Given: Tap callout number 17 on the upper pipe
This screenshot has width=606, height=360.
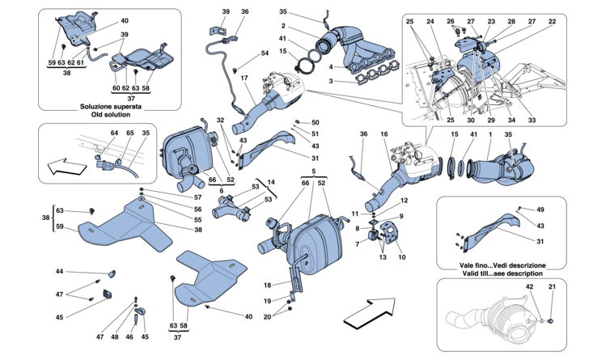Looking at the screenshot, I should pyautogui.click(x=244, y=78).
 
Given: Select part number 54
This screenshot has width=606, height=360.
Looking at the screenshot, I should pyautogui.click(x=265, y=53).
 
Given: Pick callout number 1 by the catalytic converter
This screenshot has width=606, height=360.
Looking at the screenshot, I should pyautogui.click(x=490, y=134).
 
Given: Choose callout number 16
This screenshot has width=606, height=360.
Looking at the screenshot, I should pyautogui.click(x=384, y=134).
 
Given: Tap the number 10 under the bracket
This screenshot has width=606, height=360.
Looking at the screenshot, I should pyautogui.click(x=402, y=258).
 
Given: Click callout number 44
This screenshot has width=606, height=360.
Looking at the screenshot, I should pyautogui.click(x=59, y=271).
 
